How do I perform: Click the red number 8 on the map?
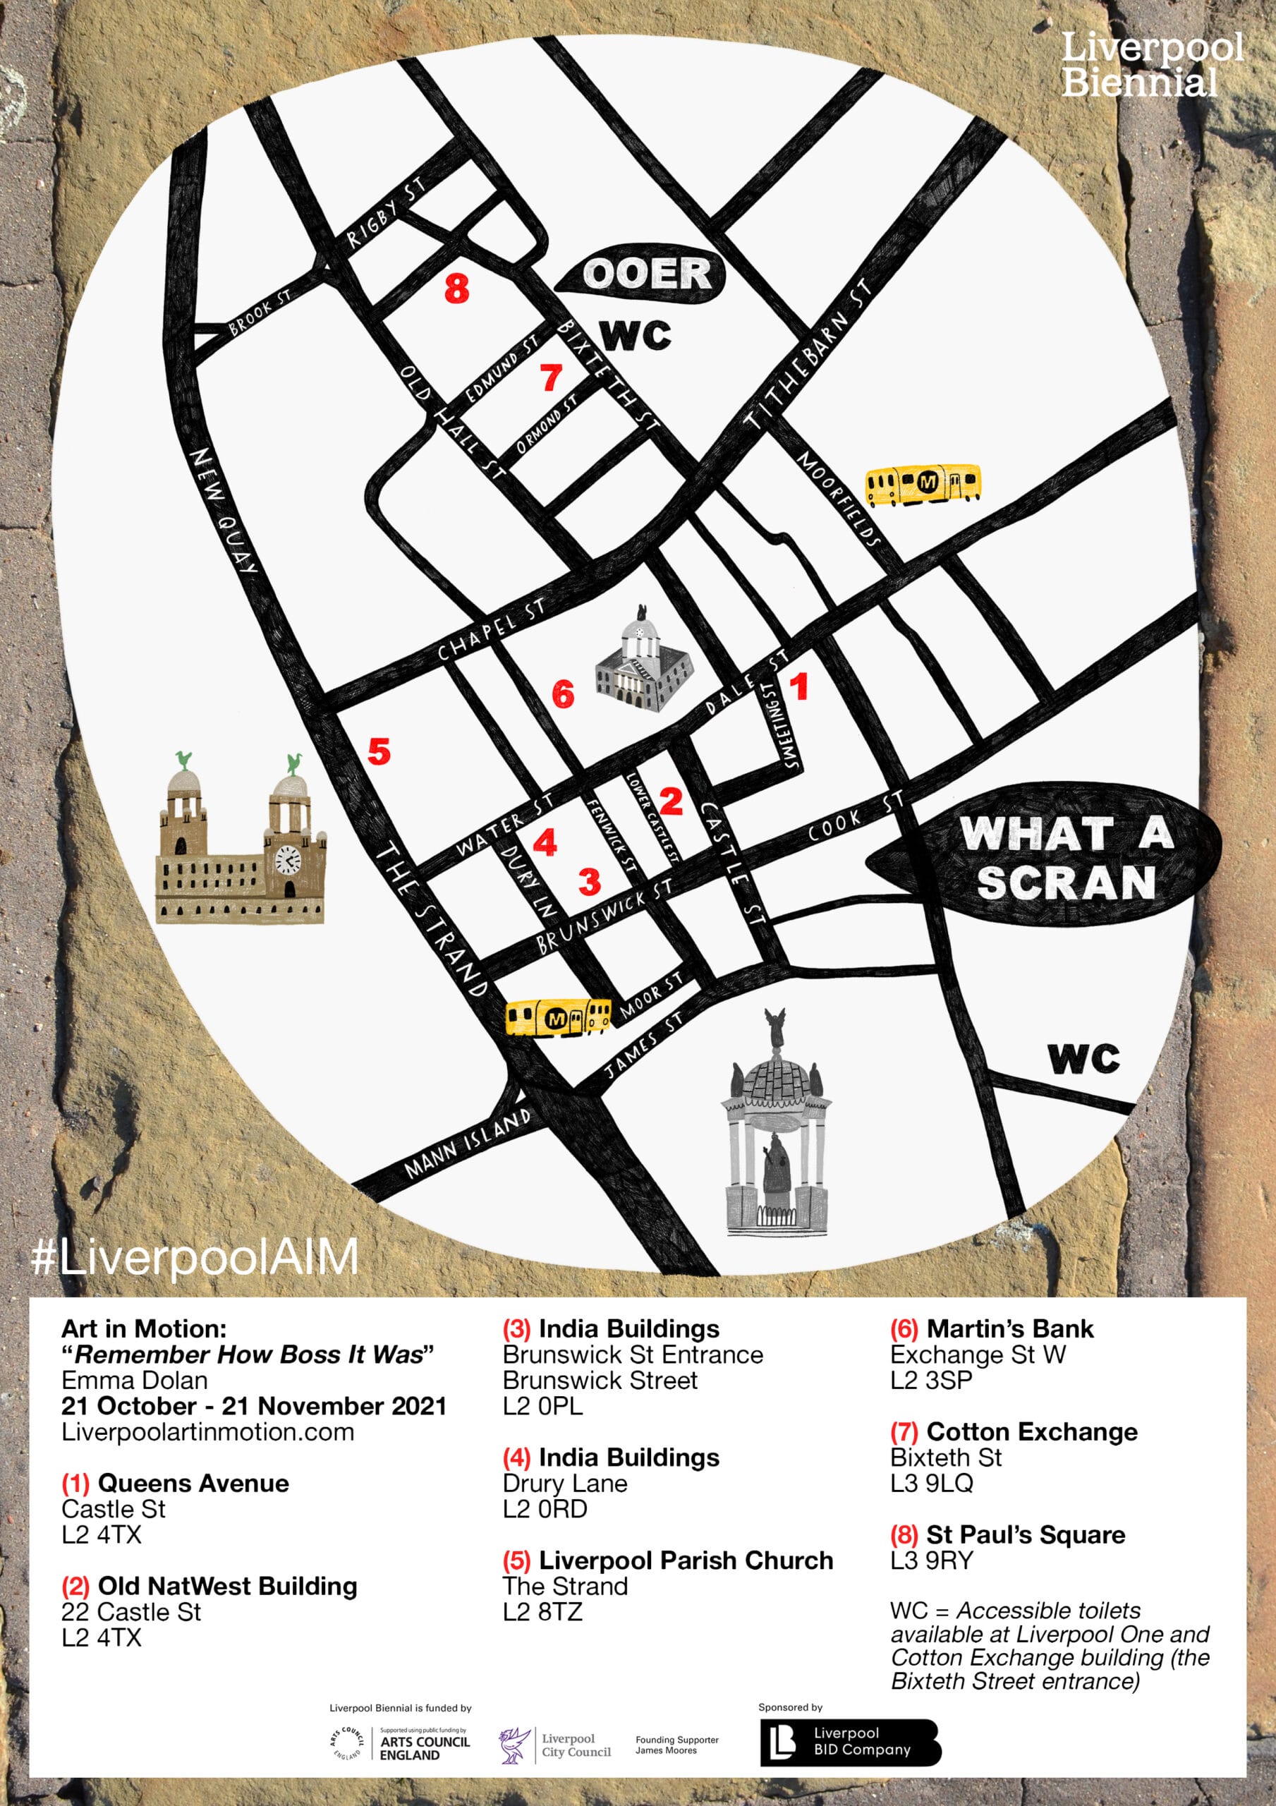(x=456, y=289)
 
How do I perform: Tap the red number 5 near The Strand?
(x=379, y=751)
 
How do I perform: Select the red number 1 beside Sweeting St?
(x=799, y=686)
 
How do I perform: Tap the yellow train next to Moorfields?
(x=923, y=483)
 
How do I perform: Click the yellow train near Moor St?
(x=557, y=1018)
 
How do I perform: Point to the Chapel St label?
(x=491, y=630)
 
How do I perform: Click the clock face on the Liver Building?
(x=287, y=861)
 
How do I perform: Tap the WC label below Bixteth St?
(x=636, y=336)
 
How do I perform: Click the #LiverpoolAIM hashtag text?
(x=194, y=1257)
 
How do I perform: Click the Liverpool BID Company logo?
(x=850, y=1743)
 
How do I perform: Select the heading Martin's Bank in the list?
(x=1009, y=1328)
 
